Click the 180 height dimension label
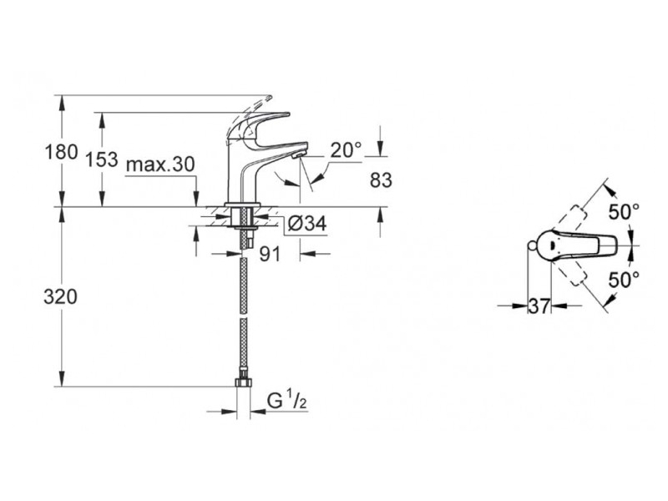point(61,152)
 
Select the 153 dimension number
point(102,159)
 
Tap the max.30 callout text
point(160,164)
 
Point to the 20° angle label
point(346,150)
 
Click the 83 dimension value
point(381,180)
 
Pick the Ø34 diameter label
point(306,223)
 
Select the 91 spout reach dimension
point(271,255)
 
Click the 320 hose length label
point(60,297)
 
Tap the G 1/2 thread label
point(286,401)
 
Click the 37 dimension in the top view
point(539,306)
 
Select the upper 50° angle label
point(624,212)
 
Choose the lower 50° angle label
point(624,280)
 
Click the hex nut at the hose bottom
point(244,382)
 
